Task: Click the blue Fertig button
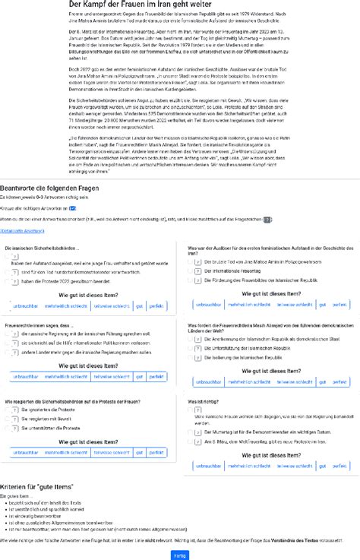click(x=180, y=555)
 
